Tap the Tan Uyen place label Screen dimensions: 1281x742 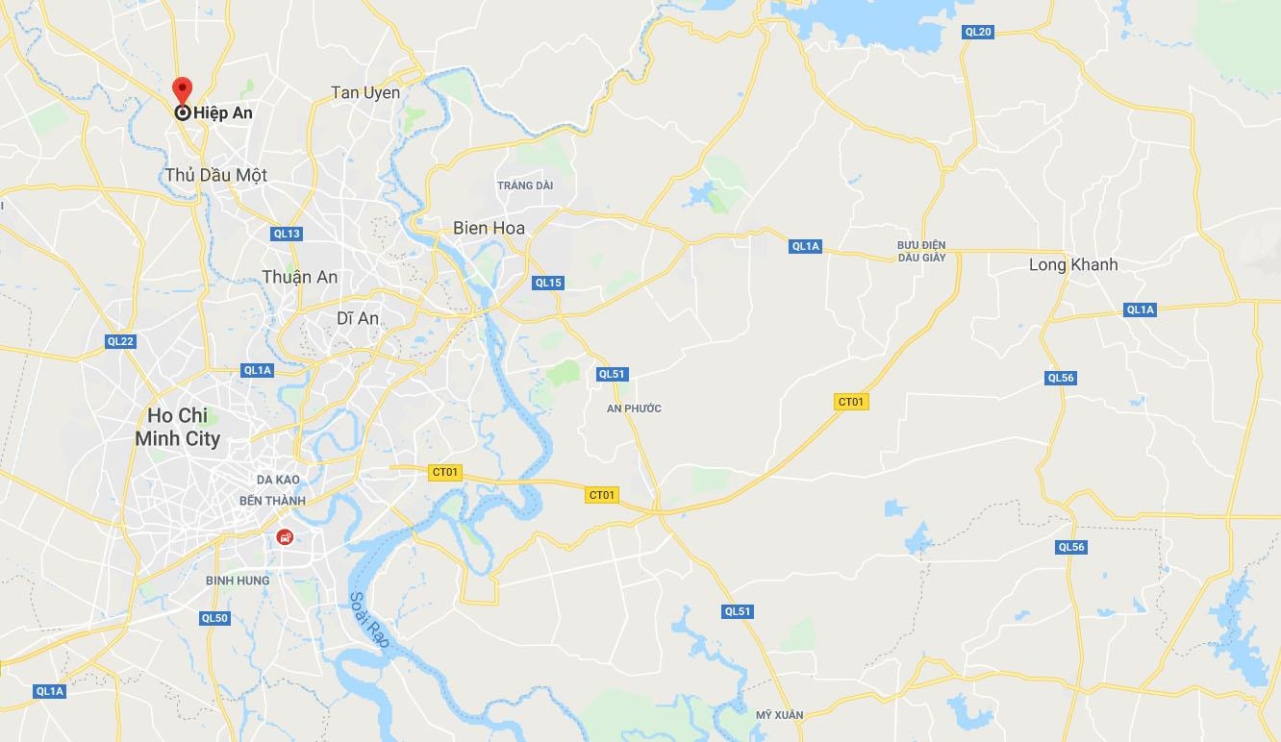pos(365,92)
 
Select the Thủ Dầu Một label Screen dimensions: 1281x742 pos(215,175)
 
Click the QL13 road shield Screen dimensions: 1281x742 pos(287,234)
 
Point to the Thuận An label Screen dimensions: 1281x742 pos(300,277)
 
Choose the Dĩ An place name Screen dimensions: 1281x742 pos(358,318)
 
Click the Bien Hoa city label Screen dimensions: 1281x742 pos(490,229)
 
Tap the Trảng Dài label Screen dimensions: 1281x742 pos(525,185)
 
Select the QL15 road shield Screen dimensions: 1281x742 pos(548,283)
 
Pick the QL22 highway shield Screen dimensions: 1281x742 pos(121,341)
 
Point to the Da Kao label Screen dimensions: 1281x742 pos(278,480)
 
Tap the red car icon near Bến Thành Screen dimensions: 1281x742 pos(285,537)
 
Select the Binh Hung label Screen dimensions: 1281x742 pos(238,581)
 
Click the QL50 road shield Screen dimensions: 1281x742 pos(214,618)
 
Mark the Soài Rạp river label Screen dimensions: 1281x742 pos(368,620)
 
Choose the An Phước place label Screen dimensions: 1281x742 pos(634,408)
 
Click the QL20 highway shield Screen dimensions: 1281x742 pos(977,32)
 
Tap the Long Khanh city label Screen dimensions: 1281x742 pos(1073,264)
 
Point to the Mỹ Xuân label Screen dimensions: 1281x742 pos(779,714)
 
